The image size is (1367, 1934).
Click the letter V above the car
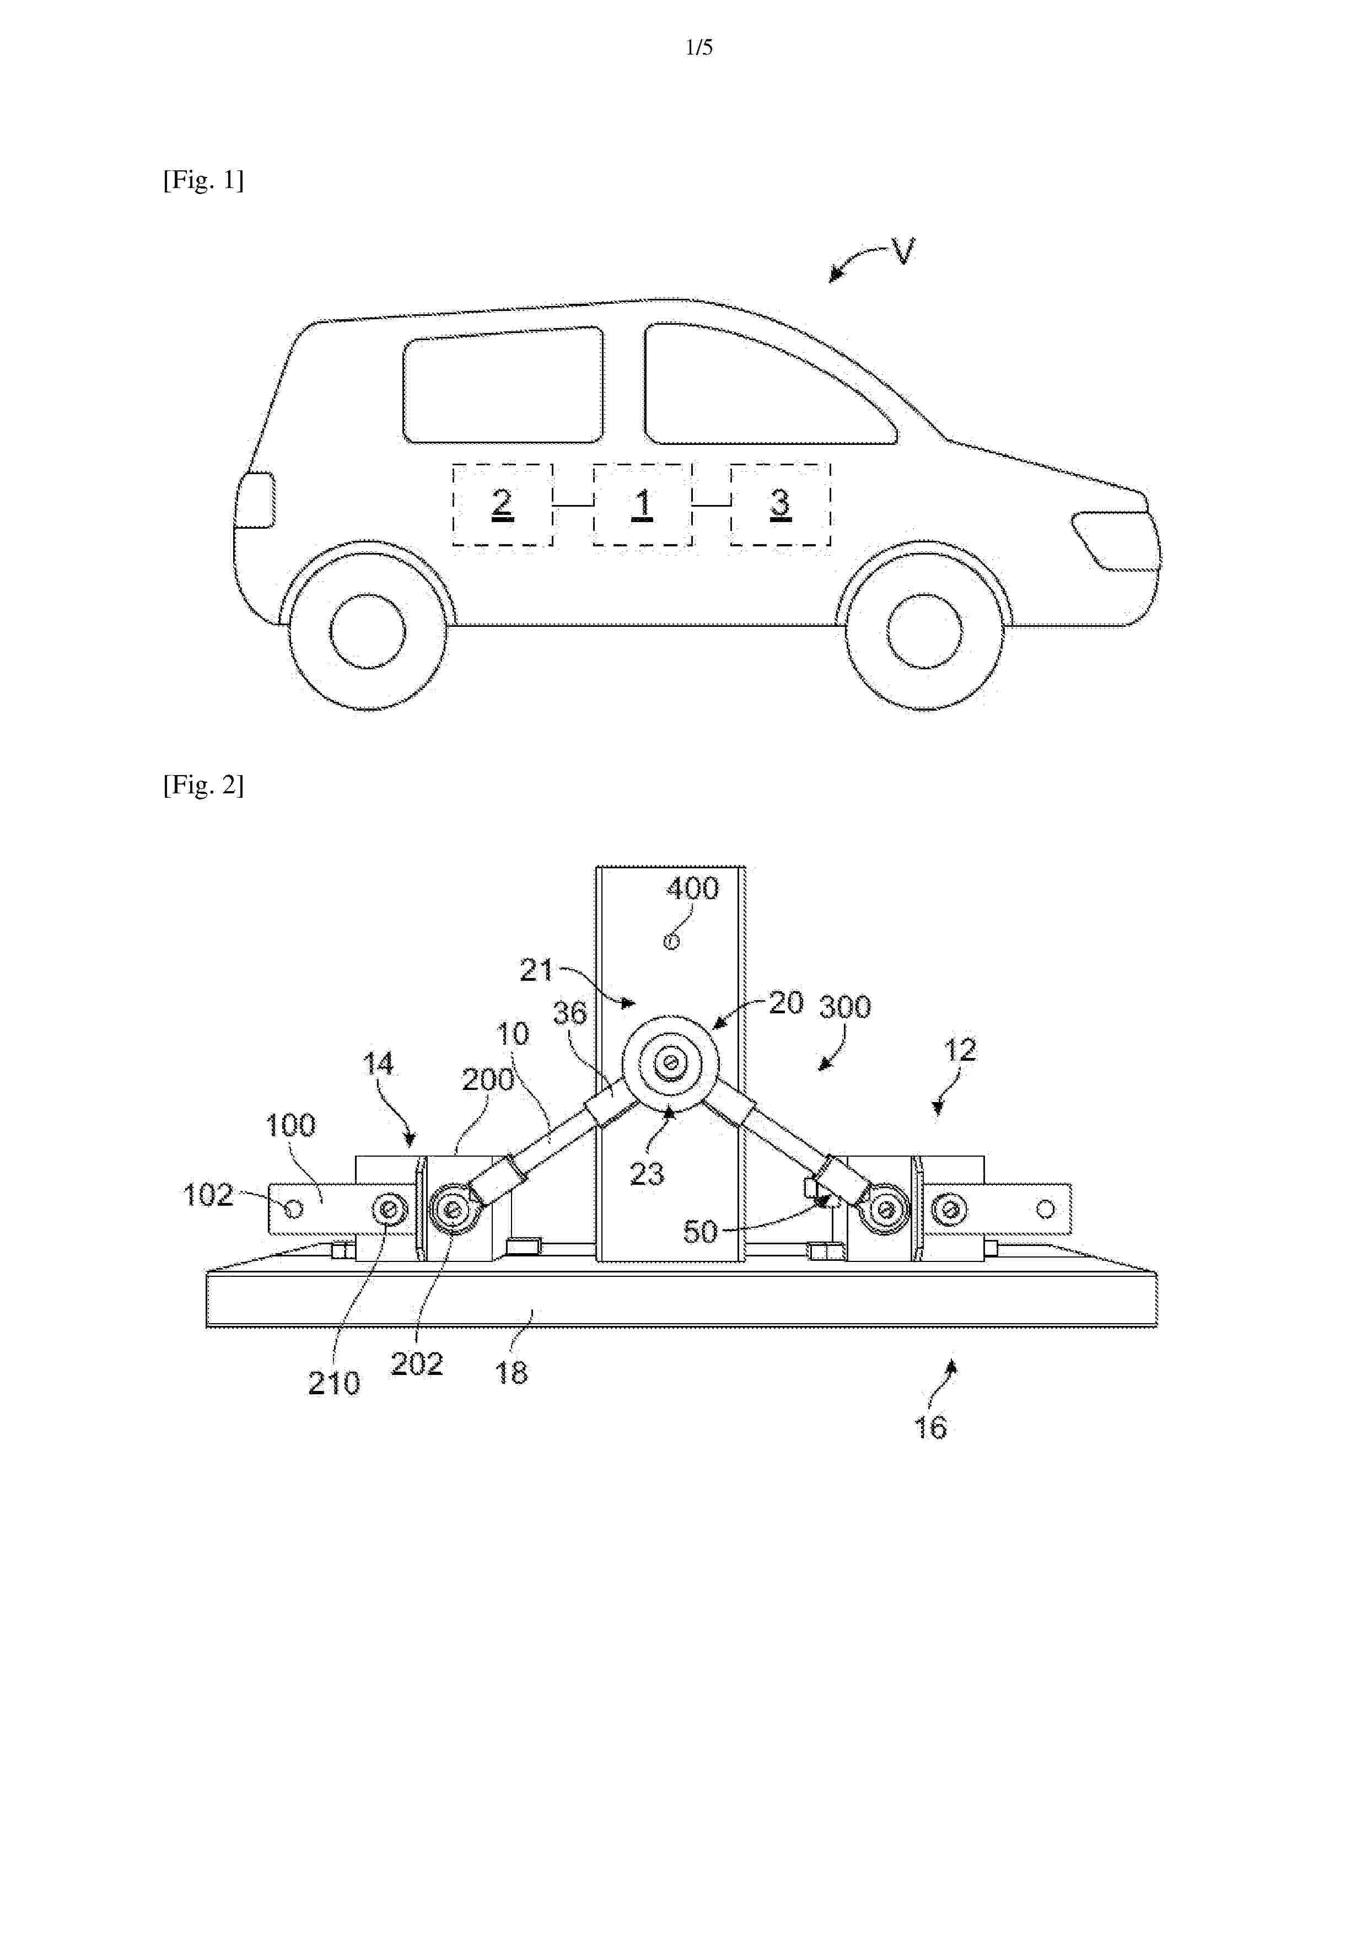[x=903, y=251]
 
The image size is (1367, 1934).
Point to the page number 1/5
[x=699, y=48]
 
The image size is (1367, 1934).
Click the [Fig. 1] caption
[x=203, y=180]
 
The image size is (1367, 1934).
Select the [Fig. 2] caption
[x=203, y=785]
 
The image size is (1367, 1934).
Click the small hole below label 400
[x=672, y=942]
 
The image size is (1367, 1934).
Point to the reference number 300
[x=845, y=1007]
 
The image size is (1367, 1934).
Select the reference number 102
[x=208, y=1195]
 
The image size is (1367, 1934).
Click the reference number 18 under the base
[x=512, y=1373]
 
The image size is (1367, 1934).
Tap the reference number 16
[x=930, y=1428]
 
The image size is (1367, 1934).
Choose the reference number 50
[x=699, y=1232]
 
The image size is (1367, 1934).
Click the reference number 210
[x=333, y=1383]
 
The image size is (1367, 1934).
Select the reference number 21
[x=536, y=970]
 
